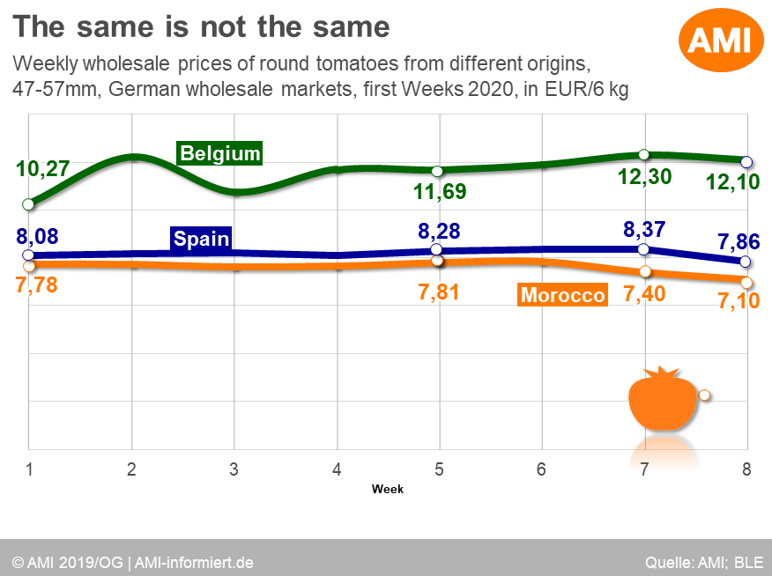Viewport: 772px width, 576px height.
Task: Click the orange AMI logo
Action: (x=720, y=40)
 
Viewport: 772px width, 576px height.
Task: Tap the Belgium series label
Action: (x=220, y=153)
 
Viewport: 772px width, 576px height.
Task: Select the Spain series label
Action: (x=201, y=238)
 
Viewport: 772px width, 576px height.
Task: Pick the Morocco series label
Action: (x=563, y=295)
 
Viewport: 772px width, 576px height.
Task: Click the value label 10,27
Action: (x=43, y=168)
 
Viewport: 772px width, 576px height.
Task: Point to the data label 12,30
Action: (x=644, y=176)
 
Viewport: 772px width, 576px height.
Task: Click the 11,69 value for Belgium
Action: (x=441, y=191)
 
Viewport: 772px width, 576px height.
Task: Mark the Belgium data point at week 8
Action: (x=746, y=162)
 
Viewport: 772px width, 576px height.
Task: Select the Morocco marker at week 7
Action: (x=645, y=271)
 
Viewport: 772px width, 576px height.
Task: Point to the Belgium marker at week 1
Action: (x=29, y=204)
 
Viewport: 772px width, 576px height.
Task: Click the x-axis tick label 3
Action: (x=234, y=469)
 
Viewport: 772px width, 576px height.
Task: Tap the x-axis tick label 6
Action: (x=541, y=469)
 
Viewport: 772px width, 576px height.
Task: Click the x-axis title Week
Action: (x=388, y=489)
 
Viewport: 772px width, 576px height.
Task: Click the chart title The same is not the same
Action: (x=201, y=26)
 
